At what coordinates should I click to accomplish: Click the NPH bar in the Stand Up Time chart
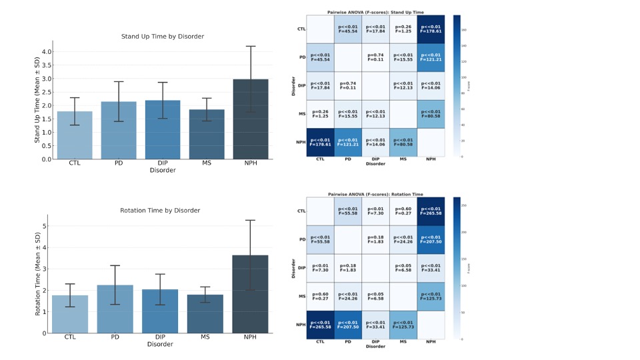(x=251, y=120)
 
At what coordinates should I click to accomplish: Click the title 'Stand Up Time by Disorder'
(x=162, y=36)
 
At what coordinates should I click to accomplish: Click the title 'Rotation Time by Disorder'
(x=160, y=211)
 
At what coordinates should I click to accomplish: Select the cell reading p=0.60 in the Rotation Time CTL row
(x=403, y=211)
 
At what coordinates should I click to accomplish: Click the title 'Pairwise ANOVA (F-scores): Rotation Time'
(x=375, y=194)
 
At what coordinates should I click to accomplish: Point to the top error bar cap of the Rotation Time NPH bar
(x=251, y=220)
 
